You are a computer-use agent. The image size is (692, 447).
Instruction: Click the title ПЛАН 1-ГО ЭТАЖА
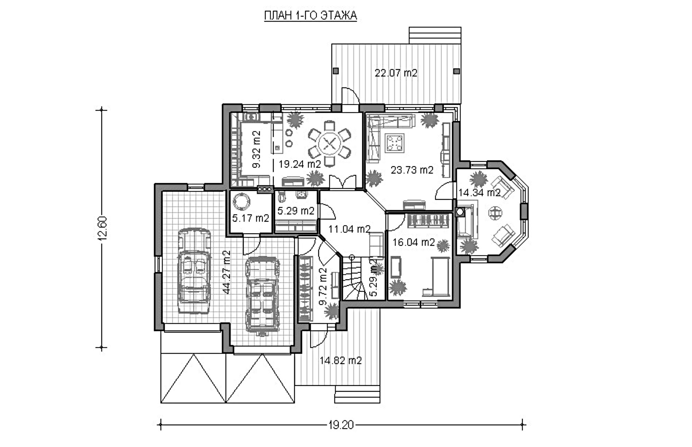(310, 16)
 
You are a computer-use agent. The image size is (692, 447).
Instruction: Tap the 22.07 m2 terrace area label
(396, 73)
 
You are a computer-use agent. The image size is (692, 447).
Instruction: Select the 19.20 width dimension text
(341, 425)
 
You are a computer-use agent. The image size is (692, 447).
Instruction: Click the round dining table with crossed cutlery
(329, 143)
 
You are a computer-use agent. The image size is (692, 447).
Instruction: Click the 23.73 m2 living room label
(412, 170)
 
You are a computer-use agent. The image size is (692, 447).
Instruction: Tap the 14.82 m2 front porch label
(340, 361)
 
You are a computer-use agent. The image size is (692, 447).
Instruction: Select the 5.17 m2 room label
(251, 218)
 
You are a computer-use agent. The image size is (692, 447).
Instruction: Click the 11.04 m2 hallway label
(349, 229)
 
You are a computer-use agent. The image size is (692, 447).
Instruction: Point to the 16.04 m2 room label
(413, 242)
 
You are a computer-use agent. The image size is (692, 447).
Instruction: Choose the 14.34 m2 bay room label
(479, 193)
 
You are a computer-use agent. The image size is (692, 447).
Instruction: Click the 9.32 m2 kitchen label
(256, 149)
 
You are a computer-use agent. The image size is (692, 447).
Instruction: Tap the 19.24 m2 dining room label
(300, 164)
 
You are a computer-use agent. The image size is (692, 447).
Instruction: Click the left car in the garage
(194, 270)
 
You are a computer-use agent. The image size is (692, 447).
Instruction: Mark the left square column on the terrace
(336, 71)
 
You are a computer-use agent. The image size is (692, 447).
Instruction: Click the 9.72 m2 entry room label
(323, 286)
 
